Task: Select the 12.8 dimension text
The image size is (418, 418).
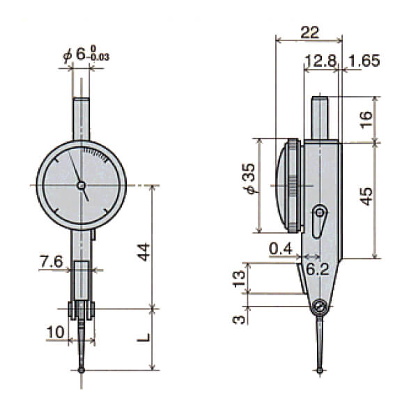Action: (320, 61)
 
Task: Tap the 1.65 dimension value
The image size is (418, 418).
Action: (364, 61)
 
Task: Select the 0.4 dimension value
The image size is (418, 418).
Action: (281, 249)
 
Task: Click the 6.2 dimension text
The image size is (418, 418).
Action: (318, 269)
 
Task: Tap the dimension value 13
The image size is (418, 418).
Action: (240, 278)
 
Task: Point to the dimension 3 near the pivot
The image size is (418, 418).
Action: (240, 319)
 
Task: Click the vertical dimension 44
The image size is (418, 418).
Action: (144, 251)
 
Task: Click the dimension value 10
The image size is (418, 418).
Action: (55, 332)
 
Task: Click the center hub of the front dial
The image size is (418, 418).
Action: (81, 185)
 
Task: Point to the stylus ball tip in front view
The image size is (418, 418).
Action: (82, 370)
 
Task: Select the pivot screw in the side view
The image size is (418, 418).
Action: (319, 306)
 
